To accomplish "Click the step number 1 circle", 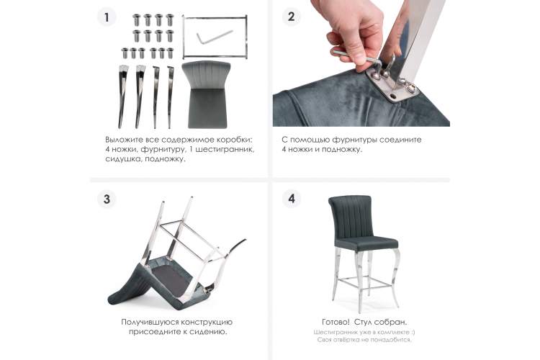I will pos(107,17).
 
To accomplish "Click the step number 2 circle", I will pos(291,17).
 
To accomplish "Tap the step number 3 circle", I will pos(107,199).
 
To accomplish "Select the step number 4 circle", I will pos(291,199).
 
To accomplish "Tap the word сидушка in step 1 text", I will pos(123,159).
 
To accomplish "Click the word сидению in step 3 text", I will pos(209,332).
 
